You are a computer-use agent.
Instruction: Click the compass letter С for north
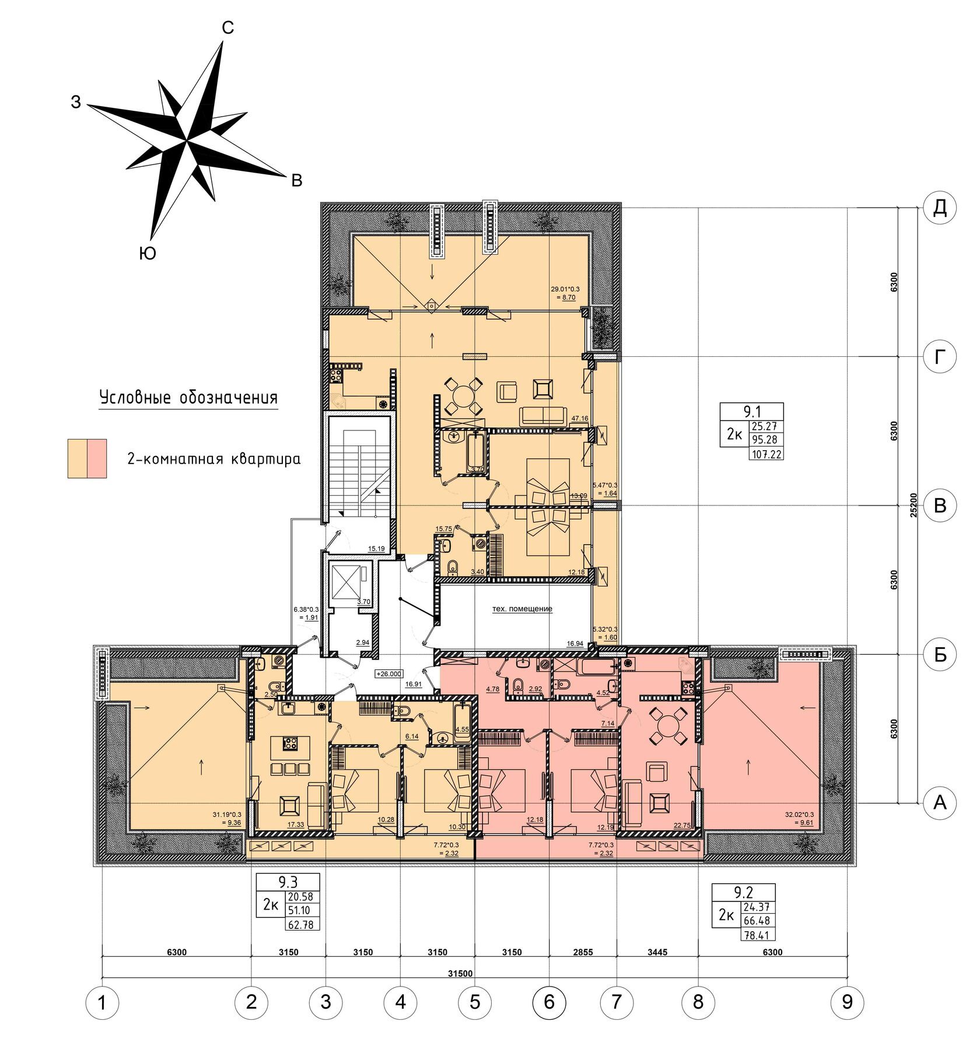[228, 27]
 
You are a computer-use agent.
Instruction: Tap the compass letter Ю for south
[148, 253]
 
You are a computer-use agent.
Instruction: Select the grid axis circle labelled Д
[940, 208]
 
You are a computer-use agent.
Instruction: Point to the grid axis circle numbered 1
[102, 1003]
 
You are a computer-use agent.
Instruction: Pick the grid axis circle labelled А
[940, 803]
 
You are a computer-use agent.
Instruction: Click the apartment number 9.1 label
[752, 412]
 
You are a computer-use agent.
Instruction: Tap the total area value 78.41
[758, 935]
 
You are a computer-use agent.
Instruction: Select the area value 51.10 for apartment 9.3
[300, 910]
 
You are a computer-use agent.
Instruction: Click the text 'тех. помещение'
[522, 609]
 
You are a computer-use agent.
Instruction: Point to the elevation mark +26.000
[390, 673]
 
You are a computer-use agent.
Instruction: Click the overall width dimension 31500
[460, 973]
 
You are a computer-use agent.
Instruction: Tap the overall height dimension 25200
[914, 505]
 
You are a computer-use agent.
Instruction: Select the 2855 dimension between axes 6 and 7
[583, 952]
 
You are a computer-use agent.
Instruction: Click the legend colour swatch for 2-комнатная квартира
[87, 458]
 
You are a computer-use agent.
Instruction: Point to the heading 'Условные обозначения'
[188, 398]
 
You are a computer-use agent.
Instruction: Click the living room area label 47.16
[580, 418]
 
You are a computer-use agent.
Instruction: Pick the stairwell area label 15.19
[376, 549]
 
